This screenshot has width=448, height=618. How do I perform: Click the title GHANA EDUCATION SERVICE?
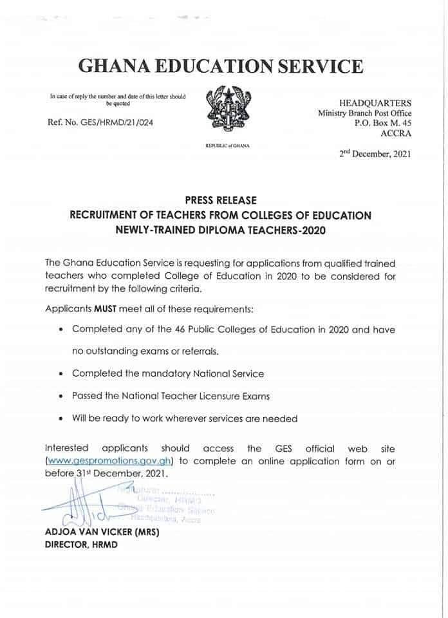(220, 66)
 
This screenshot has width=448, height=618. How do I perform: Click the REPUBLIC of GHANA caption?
(227, 146)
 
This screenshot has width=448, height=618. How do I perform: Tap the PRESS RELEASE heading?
(221, 201)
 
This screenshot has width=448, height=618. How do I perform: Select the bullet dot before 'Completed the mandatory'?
(60, 374)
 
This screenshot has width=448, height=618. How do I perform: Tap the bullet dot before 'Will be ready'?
(60, 419)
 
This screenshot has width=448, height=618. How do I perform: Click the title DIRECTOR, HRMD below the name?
(81, 545)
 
